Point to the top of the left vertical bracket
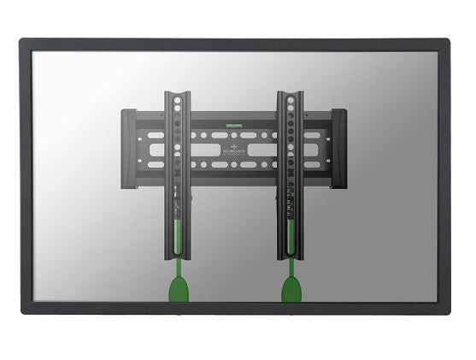pos(177,91)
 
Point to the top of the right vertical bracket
pos(291,91)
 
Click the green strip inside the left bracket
pos(178,230)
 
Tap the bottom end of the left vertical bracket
pos(177,256)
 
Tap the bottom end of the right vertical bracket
pos(291,256)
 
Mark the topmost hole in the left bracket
pos(177,100)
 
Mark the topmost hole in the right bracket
pos(291,100)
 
